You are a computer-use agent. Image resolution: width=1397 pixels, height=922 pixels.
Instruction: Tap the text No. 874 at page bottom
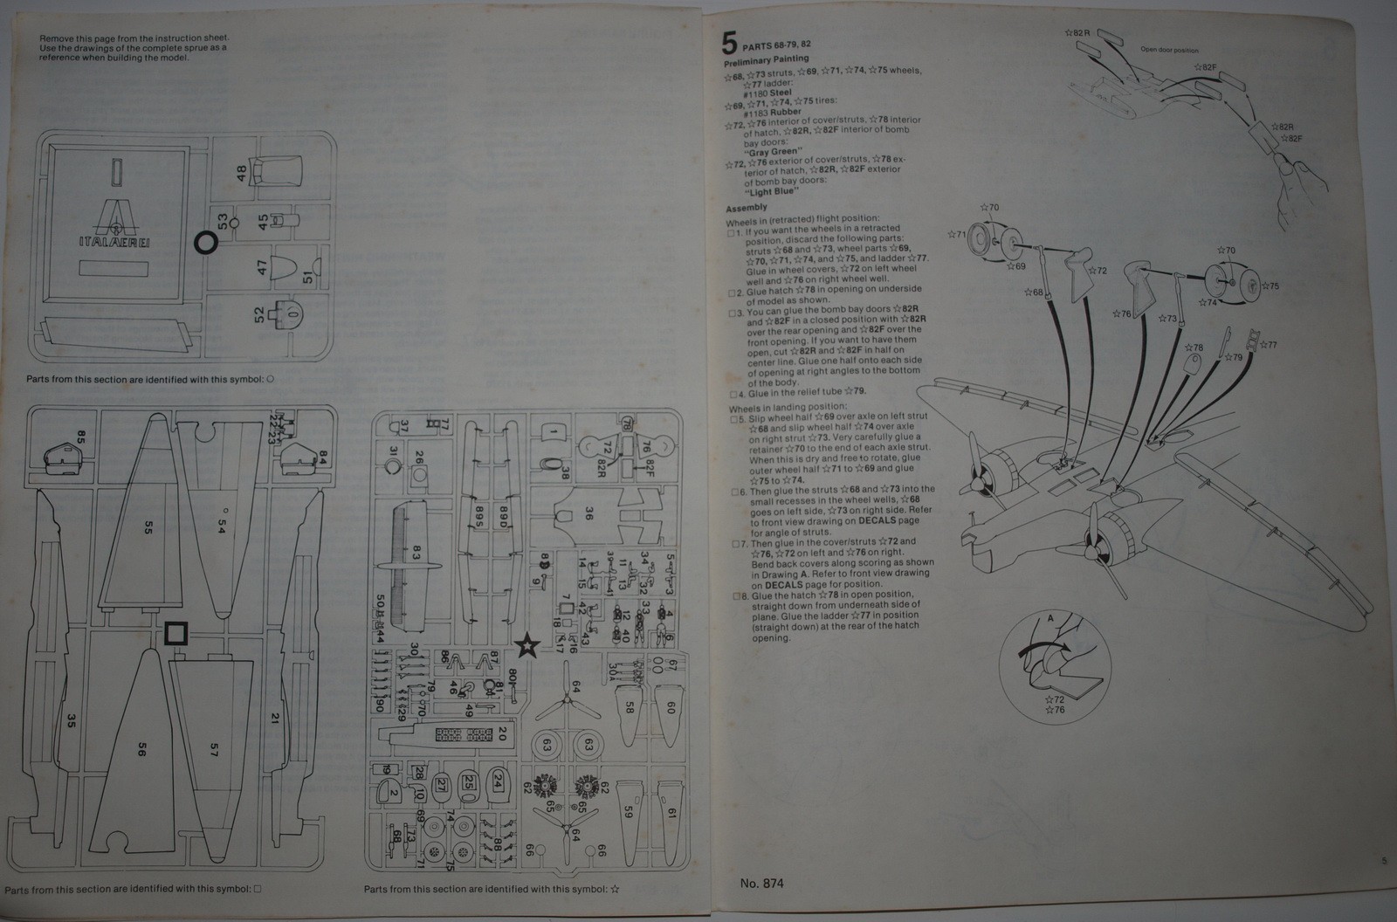pyautogui.click(x=761, y=884)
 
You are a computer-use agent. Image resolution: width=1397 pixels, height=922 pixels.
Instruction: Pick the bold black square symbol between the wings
pyautogui.click(x=177, y=632)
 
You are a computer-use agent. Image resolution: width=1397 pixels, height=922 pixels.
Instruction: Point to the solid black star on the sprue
pyautogui.click(x=526, y=646)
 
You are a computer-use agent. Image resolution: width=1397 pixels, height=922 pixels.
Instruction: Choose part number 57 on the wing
pyautogui.click(x=214, y=747)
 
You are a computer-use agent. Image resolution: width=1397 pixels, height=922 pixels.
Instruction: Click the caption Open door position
pyautogui.click(x=1169, y=50)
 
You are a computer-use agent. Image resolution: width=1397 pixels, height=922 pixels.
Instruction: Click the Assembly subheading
pyautogui.click(x=747, y=208)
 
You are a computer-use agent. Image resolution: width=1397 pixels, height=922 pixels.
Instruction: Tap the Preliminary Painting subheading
pyautogui.click(x=766, y=59)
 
